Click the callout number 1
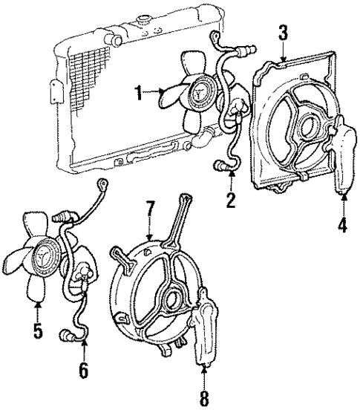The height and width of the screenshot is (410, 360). coord(137,93)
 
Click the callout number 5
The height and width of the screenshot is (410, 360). coord(37,330)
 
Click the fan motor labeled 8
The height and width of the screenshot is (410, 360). coord(205,334)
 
